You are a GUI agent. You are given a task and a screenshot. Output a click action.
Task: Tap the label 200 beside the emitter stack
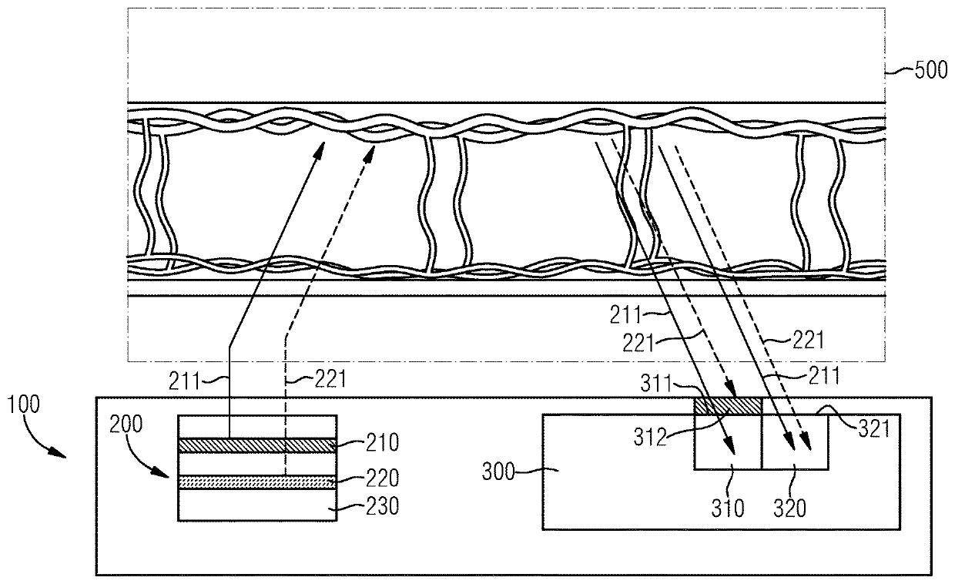[125, 424]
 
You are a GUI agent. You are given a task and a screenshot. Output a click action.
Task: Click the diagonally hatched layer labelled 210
[256, 445]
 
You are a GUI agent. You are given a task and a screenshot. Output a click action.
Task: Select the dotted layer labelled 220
[256, 482]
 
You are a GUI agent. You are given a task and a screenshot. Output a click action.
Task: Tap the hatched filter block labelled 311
[728, 406]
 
